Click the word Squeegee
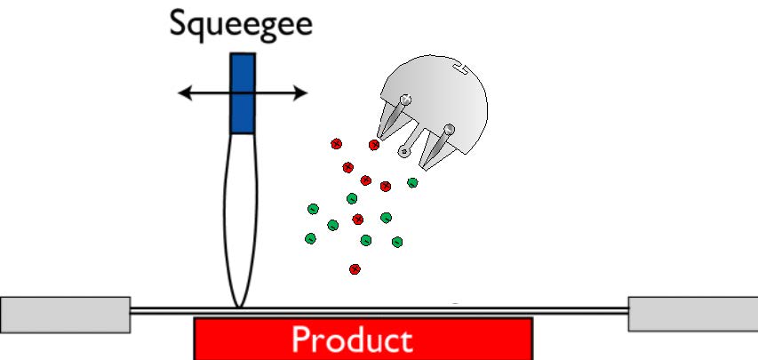[241, 23]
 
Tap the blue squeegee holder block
[243, 93]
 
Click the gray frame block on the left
[65, 314]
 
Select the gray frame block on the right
[693, 313]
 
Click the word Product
[352, 340]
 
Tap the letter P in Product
[302, 340]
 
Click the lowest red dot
[355, 268]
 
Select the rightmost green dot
[412, 183]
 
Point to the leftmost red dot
[336, 143]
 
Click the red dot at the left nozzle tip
[374, 144]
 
